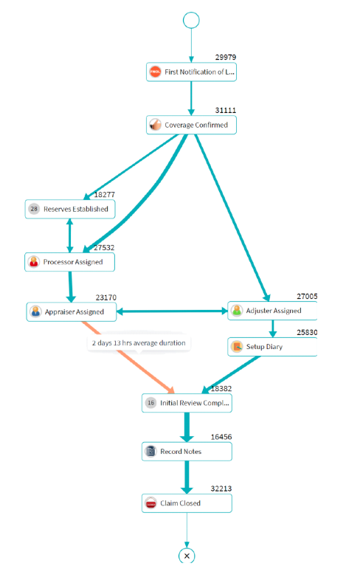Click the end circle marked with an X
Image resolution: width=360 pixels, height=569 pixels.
(187, 556)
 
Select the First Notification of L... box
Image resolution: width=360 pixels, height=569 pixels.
(191, 72)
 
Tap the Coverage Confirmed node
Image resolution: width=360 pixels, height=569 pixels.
(191, 125)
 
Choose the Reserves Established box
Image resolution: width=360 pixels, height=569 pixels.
(70, 209)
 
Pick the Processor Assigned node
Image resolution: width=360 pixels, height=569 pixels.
(69, 262)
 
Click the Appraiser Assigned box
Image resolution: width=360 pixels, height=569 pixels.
(72, 311)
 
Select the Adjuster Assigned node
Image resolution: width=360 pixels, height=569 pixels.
(272, 311)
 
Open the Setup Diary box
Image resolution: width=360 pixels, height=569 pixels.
(272, 347)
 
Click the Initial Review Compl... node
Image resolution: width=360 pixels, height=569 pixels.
(187, 403)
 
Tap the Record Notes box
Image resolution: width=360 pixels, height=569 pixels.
(187, 452)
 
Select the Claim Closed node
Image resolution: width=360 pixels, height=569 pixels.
(187, 503)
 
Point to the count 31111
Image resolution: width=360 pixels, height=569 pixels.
(225, 110)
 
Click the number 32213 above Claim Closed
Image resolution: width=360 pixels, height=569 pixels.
(221, 489)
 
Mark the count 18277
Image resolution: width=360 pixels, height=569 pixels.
(105, 195)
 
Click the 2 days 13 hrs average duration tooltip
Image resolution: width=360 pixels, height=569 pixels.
(139, 343)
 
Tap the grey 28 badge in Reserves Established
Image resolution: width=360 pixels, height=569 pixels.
(34, 209)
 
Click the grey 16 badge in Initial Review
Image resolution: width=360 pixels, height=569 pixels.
(151, 403)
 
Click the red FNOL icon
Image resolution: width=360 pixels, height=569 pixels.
(156, 72)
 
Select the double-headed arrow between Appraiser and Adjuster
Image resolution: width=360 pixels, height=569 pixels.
(172, 311)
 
